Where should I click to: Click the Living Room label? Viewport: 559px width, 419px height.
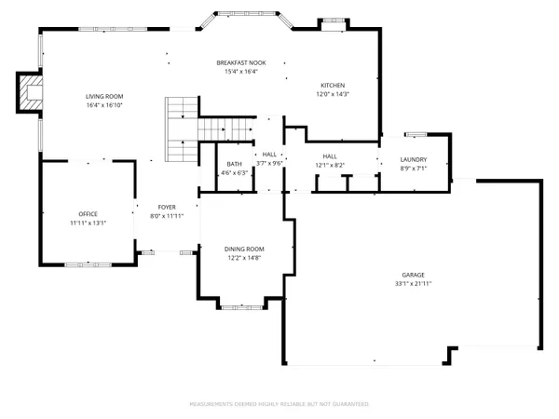pos(104,97)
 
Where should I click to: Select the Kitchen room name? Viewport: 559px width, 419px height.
pos(334,84)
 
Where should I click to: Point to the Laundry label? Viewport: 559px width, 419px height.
pos(413,160)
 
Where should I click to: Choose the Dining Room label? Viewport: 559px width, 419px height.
pos(244,249)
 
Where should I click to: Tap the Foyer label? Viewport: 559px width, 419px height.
pos(167,208)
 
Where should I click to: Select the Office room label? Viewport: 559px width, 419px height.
pos(89,214)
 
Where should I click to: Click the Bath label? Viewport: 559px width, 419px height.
pos(234,164)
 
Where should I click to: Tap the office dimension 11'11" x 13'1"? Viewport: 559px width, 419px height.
pos(89,223)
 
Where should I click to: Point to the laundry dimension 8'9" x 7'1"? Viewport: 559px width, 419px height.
pos(413,169)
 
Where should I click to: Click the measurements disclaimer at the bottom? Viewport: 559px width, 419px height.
pos(279,404)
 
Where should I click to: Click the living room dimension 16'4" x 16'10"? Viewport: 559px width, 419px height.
pos(104,105)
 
